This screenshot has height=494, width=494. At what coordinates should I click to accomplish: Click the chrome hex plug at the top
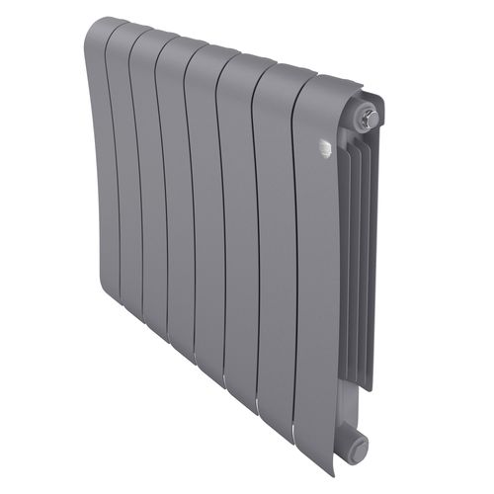pyautogui.click(x=368, y=119)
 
